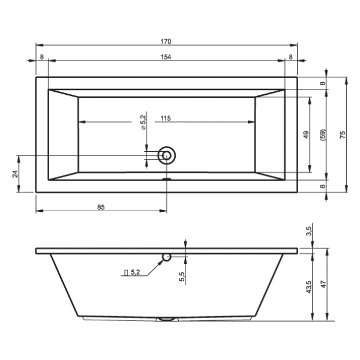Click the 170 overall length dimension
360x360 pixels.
tap(166, 41)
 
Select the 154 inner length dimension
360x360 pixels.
tap(166, 57)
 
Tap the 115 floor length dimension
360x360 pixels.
tap(166, 118)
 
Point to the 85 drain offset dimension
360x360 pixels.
tap(101, 208)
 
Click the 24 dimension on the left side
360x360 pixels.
tap(15, 174)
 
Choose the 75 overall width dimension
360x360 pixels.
tap(343, 134)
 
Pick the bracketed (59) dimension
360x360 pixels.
tap(323, 135)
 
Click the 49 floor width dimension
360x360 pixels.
tap(306, 135)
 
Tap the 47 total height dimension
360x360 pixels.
tap(323, 284)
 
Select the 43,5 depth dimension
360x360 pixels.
tap(309, 287)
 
